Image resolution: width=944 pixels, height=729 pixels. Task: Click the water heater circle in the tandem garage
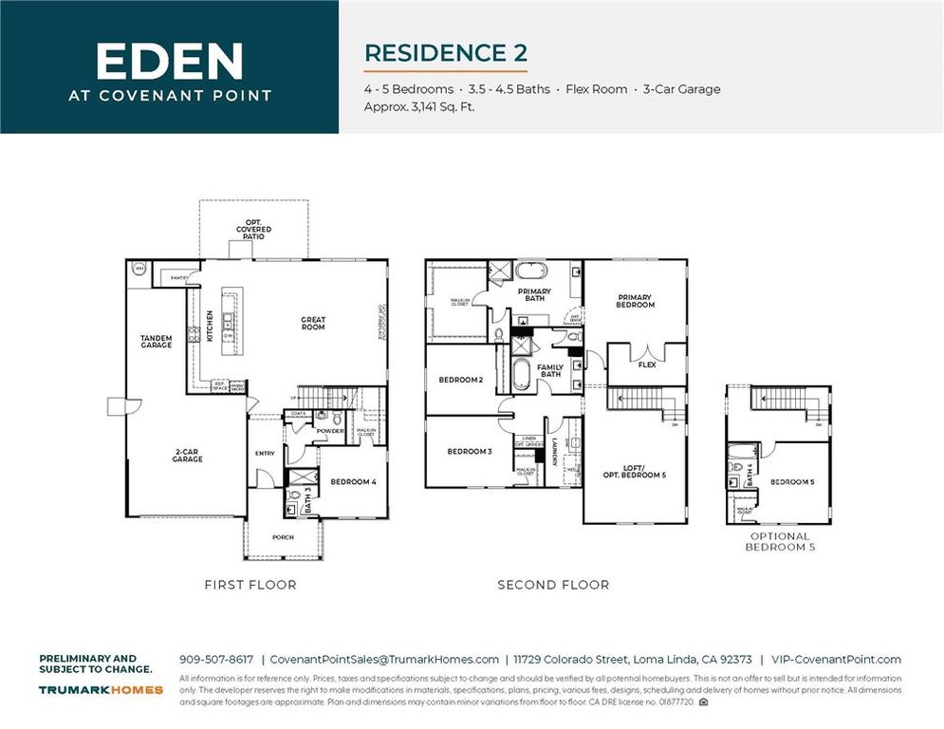click(138, 269)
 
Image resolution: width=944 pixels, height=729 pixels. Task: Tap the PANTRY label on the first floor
click(177, 277)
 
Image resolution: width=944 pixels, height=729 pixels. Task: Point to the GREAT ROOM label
click(313, 324)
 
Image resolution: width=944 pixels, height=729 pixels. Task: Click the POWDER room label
click(329, 430)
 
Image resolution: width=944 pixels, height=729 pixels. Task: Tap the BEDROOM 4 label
click(353, 482)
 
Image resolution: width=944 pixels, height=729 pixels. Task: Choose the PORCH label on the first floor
click(283, 537)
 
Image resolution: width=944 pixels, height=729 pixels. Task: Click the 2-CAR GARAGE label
click(188, 456)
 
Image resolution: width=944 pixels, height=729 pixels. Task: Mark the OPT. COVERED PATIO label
click(253, 229)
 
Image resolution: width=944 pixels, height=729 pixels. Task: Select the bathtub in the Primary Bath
click(534, 271)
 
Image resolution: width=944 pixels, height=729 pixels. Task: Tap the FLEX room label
click(647, 364)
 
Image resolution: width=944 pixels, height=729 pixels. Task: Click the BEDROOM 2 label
click(461, 380)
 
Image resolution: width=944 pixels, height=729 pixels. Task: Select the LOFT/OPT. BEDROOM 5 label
click(634, 471)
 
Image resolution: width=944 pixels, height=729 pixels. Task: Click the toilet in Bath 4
click(736, 467)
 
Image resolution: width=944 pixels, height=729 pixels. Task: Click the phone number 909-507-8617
click(216, 660)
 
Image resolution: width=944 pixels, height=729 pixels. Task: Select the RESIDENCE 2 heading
click(445, 52)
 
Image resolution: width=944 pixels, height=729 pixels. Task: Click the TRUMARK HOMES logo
click(101, 690)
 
